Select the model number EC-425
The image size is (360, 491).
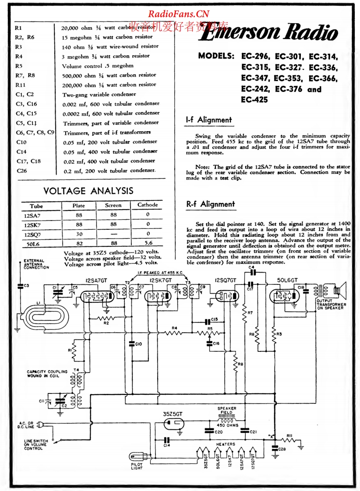[x=254, y=99]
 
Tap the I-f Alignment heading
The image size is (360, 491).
[x=209, y=120]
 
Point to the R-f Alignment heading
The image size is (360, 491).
[x=211, y=204]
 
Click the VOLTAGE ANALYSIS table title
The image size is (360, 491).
[x=88, y=191]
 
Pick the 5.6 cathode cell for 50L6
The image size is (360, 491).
[x=148, y=243]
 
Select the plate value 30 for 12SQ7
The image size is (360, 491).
[x=79, y=234]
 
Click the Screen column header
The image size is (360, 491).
[x=113, y=205]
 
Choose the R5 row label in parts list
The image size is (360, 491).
[x=18, y=66]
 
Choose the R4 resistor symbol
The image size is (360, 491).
[x=174, y=333]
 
